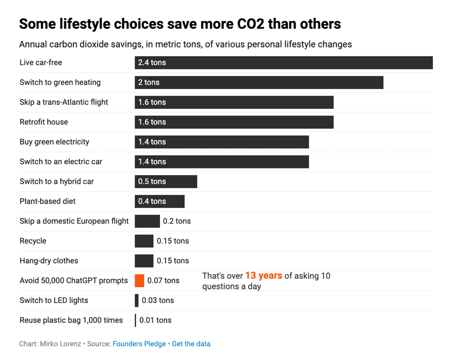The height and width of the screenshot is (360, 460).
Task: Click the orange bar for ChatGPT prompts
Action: [139, 281]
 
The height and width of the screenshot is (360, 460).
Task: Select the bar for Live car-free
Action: [284, 63]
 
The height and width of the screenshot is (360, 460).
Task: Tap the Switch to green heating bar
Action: [259, 82]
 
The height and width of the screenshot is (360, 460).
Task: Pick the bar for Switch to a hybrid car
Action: [166, 181]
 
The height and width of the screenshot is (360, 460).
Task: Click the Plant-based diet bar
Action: [160, 201]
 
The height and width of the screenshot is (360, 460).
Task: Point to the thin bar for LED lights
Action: [137, 300]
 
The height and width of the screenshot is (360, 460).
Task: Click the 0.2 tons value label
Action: [177, 221]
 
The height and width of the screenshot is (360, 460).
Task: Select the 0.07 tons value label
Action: [163, 281]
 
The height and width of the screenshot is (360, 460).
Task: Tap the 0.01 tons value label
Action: [155, 320]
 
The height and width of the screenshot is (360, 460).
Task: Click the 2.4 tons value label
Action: [152, 63]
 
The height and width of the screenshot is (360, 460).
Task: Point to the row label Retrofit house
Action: [44, 122]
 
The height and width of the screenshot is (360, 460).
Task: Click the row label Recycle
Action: [33, 241]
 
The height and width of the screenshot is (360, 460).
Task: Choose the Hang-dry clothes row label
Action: [49, 261]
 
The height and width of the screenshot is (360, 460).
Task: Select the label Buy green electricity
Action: [54, 142]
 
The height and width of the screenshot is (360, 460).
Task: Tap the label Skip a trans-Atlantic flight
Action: [64, 102]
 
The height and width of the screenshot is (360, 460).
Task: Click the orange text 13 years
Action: [264, 276]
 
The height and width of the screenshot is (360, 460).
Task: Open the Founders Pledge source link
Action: [139, 344]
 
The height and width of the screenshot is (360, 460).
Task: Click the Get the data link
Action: [191, 344]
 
